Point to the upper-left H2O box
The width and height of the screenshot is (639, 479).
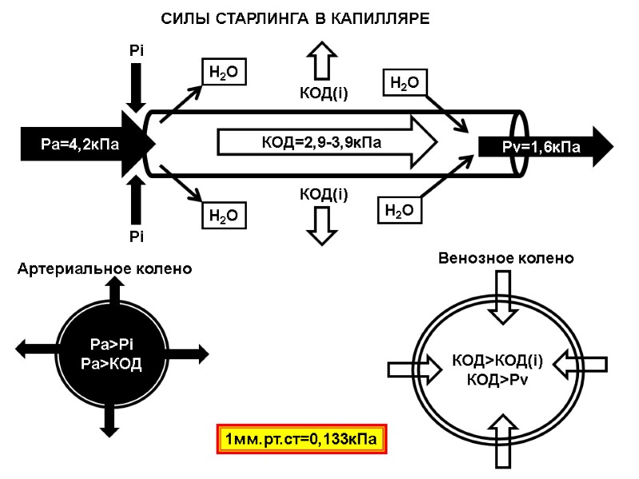[x=222, y=73]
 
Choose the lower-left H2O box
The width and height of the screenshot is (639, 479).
[x=222, y=215]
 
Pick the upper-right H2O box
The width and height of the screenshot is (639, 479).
[x=403, y=82]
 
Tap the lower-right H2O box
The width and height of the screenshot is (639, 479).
[x=399, y=211]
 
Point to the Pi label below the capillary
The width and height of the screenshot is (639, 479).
[x=137, y=236]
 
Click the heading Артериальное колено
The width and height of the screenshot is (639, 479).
[x=105, y=269]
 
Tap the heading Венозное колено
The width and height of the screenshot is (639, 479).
[x=506, y=259]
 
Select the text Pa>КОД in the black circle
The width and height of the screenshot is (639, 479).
[x=113, y=363]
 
